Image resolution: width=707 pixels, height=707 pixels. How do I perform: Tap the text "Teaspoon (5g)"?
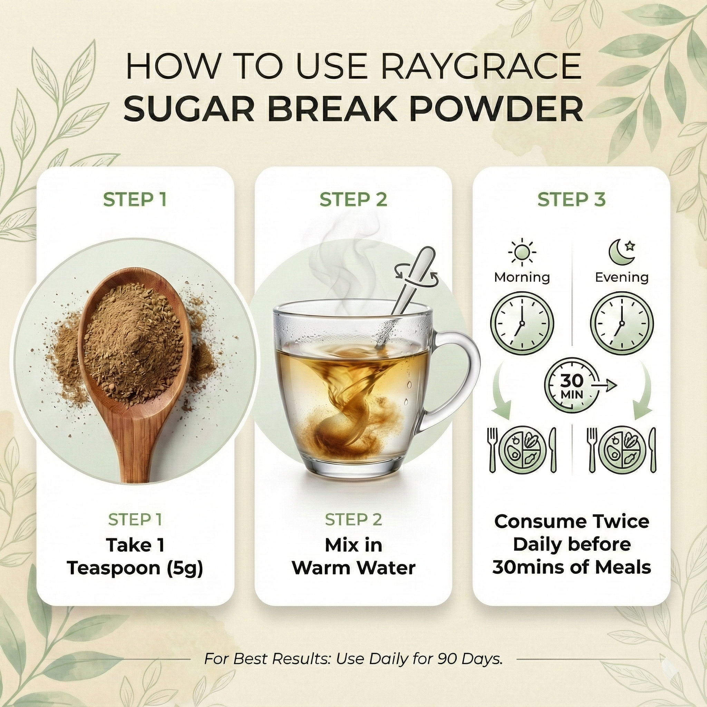[135, 568]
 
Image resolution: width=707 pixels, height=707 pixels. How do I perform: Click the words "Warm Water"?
[353, 568]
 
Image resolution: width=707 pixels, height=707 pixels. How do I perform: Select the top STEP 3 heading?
[571, 200]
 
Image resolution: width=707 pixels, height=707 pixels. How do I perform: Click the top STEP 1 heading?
[135, 200]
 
